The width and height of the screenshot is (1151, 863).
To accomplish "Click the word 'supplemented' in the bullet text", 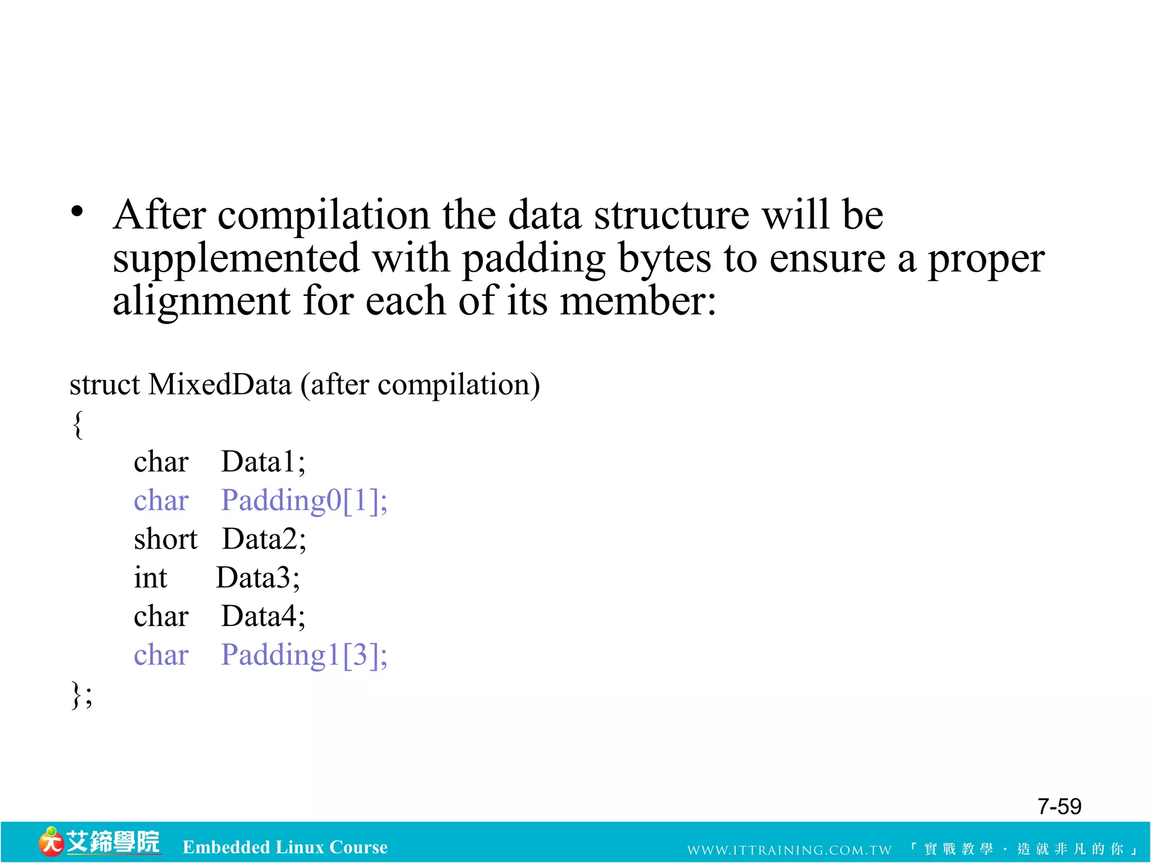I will pyautogui.click(x=235, y=259).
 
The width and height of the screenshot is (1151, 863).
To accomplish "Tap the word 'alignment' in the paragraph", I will pyautogui.click(x=201, y=301).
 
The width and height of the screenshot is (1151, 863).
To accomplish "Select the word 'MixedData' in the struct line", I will pyautogui.click(x=220, y=385).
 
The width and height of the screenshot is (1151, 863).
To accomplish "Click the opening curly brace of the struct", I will pyautogui.click(x=78, y=424).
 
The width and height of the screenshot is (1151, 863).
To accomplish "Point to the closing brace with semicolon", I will pyautogui.click(x=81, y=695).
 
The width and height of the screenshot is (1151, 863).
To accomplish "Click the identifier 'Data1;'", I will pyautogui.click(x=263, y=462).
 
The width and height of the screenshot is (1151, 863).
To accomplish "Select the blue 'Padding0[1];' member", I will pyautogui.click(x=304, y=500).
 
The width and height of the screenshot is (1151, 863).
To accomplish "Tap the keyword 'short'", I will pyautogui.click(x=165, y=539).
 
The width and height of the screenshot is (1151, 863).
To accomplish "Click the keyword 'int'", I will pyautogui.click(x=150, y=578).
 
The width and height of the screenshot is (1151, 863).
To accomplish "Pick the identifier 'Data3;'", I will pyautogui.click(x=258, y=578).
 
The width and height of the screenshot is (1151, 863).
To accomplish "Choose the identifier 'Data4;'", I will pyautogui.click(x=263, y=616).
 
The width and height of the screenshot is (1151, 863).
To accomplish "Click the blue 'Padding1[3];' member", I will pyautogui.click(x=304, y=655).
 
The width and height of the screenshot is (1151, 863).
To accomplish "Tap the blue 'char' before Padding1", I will pyautogui.click(x=161, y=655).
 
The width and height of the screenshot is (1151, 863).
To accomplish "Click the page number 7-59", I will pyautogui.click(x=1059, y=806).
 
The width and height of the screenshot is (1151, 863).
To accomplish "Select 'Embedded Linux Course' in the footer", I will pyautogui.click(x=285, y=847).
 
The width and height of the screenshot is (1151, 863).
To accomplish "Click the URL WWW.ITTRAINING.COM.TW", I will pyautogui.click(x=789, y=850).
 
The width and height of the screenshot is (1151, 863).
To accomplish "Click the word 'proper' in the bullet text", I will pyautogui.click(x=986, y=259).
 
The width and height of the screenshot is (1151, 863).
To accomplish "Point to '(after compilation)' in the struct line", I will pyautogui.click(x=420, y=385).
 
